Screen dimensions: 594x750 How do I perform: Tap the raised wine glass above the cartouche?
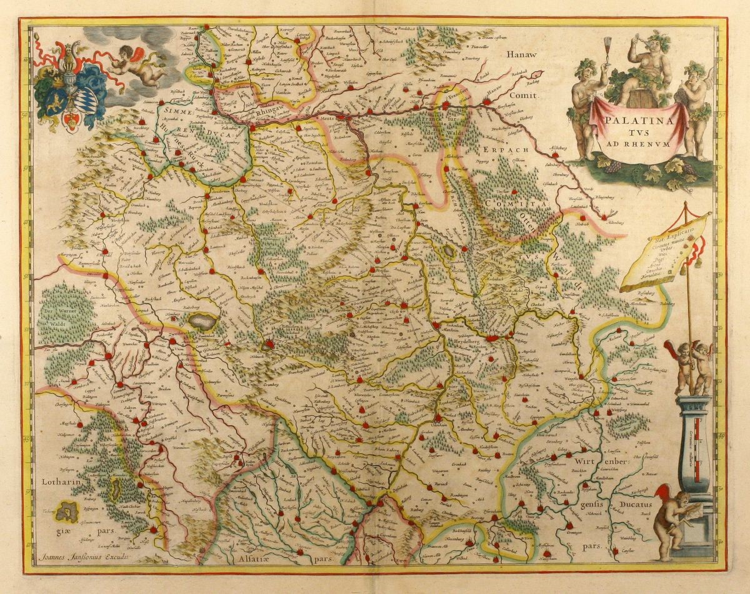click(607, 46)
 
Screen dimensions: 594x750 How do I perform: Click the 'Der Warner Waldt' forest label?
click(64, 313)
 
